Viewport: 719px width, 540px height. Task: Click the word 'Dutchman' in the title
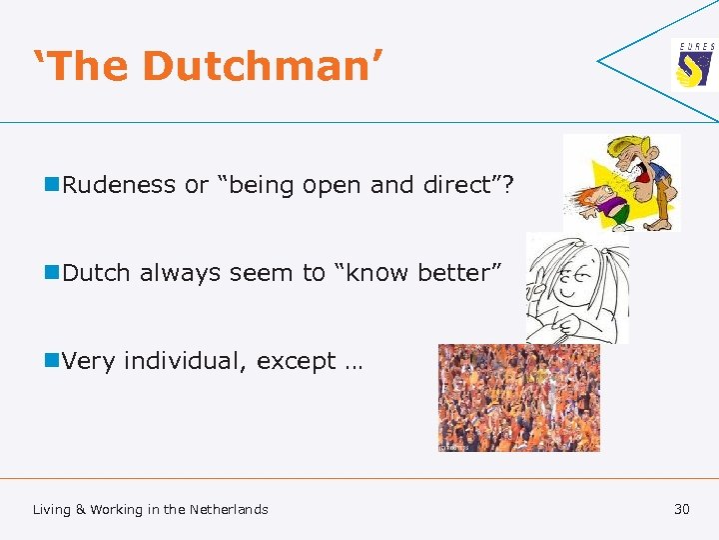tap(263, 66)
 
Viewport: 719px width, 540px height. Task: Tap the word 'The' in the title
tap(88, 66)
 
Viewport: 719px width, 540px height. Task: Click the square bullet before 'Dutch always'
tap(51, 272)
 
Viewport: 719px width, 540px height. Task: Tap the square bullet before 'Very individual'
tap(51, 361)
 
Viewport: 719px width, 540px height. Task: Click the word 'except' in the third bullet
tap(296, 362)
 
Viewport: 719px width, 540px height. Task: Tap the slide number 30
tap(682, 509)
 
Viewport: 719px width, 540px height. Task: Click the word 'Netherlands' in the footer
tap(229, 509)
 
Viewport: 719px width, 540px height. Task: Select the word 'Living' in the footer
tap(52, 510)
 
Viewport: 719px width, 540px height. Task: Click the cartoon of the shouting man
tap(621, 183)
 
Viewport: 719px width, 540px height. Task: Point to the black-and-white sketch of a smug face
tap(577, 289)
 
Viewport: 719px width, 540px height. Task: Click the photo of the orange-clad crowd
tap(518, 398)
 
